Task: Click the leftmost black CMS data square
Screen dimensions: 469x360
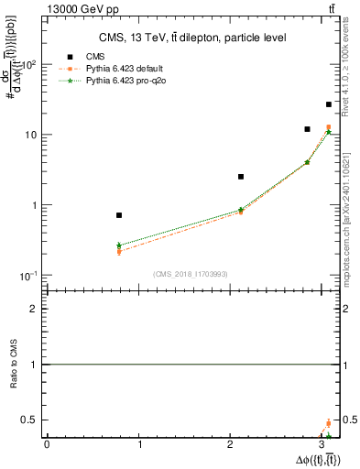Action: pyautogui.click(x=119, y=215)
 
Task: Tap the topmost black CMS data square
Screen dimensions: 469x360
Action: pyautogui.click(x=329, y=104)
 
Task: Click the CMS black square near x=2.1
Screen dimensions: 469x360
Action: pyautogui.click(x=241, y=177)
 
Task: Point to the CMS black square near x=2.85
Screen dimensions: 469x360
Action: pyautogui.click(x=307, y=129)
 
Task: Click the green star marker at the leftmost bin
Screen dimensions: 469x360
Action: pyautogui.click(x=119, y=245)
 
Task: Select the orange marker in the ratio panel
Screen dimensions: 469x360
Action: pyautogui.click(x=329, y=423)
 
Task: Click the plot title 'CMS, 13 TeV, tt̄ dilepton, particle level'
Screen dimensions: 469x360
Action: pyautogui.click(x=192, y=38)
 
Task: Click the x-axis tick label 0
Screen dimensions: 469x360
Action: pyautogui.click(x=47, y=444)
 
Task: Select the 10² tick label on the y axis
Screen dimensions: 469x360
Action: pyautogui.click(x=29, y=65)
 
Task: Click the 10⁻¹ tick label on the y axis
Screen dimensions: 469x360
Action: pyautogui.click(x=29, y=276)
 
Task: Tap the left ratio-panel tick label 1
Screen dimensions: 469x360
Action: pyautogui.click(x=35, y=365)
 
